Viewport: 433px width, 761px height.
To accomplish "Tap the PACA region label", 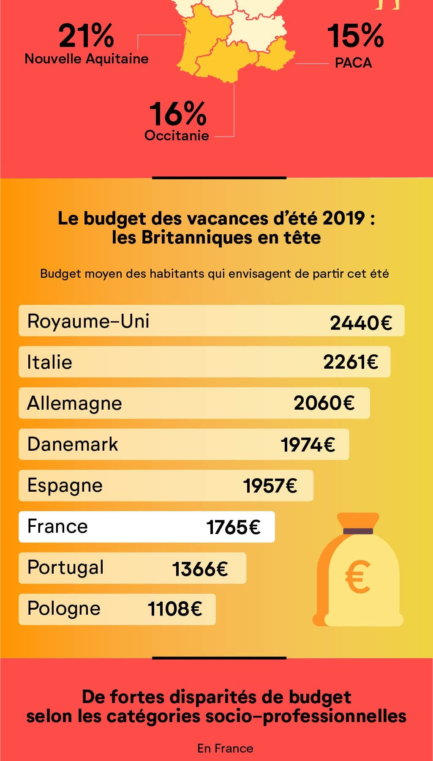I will click(x=353, y=63).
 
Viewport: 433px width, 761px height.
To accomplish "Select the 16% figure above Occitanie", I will click(x=178, y=114).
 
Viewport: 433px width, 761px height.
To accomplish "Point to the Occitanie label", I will click(x=177, y=136).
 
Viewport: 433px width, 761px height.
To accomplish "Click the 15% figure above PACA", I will click(x=355, y=36).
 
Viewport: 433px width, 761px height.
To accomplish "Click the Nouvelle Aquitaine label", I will click(x=87, y=59).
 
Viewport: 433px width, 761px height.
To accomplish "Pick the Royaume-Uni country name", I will click(x=88, y=321).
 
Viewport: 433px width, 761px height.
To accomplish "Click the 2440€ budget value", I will click(x=361, y=323).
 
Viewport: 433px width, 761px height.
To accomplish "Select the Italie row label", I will click(x=49, y=363).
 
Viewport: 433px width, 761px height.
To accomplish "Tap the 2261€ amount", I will click(x=351, y=362).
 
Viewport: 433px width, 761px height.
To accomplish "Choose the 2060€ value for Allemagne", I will click(x=324, y=403).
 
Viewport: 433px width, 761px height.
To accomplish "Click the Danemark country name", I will click(x=73, y=444).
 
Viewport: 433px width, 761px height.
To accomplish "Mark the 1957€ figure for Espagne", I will click(x=270, y=486).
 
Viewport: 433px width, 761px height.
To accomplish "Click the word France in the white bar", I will click(x=57, y=527).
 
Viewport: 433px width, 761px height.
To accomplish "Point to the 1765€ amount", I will click(x=233, y=528).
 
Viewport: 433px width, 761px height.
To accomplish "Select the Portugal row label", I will click(x=65, y=568).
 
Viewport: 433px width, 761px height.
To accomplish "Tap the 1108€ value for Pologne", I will click(x=175, y=609).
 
